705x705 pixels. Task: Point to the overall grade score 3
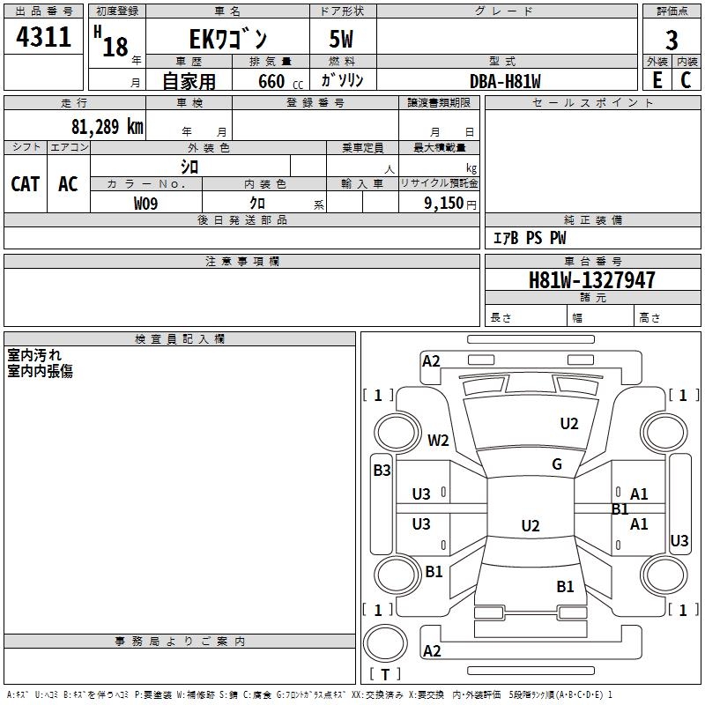[672, 40]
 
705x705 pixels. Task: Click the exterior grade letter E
[657, 79]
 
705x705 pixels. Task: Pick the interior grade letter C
[686, 79]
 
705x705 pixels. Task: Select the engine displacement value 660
[271, 81]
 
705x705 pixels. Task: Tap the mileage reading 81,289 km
[107, 126]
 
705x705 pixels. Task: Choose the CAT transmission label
[25, 184]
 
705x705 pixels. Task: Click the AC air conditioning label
[68, 184]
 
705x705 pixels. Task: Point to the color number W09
[145, 203]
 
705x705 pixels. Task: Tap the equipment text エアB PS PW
[529, 238]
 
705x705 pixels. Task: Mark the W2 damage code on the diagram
[438, 440]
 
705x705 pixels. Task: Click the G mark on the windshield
[557, 464]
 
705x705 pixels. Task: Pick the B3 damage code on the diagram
[381, 471]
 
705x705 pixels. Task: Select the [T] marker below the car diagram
[384, 674]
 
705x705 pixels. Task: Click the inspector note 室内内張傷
[40, 371]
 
